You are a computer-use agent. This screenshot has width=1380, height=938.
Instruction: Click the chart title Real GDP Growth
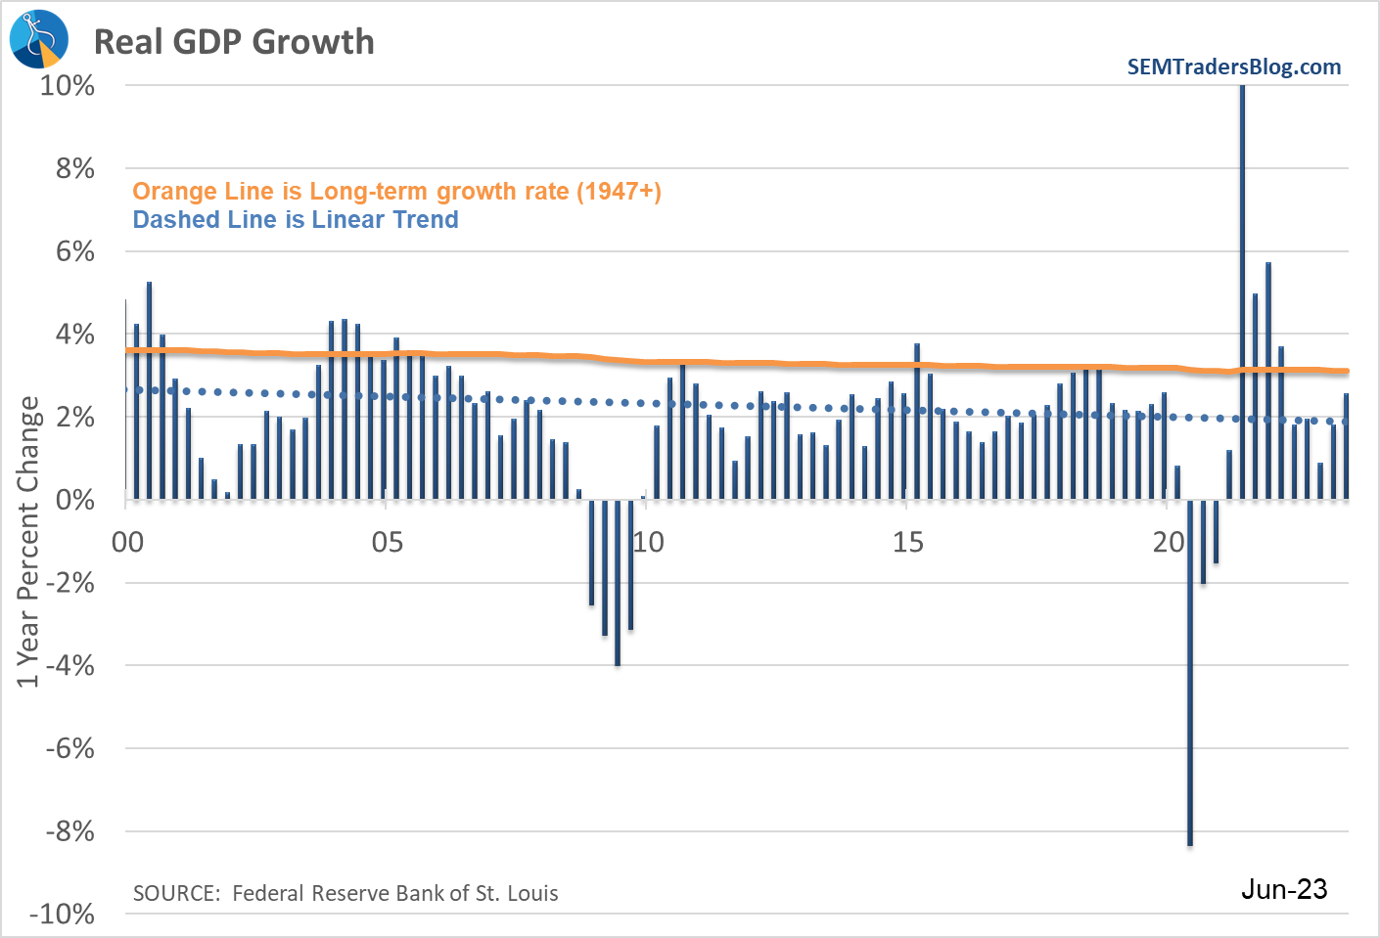click(x=234, y=42)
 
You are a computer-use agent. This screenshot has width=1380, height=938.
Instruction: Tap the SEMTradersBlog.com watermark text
click(x=1233, y=67)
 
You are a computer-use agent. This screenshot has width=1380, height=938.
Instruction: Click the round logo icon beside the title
click(x=39, y=39)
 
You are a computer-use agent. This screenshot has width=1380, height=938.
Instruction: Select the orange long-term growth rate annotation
click(x=396, y=192)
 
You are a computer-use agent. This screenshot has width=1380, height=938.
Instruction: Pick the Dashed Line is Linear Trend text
click(x=296, y=220)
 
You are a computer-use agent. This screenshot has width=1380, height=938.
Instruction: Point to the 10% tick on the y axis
click(x=68, y=86)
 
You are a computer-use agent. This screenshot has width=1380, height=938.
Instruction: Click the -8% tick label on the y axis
click(x=70, y=831)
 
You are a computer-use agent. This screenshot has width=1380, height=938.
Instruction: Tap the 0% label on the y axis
click(x=75, y=500)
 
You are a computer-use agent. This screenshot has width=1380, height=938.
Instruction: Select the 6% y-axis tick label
click(x=75, y=251)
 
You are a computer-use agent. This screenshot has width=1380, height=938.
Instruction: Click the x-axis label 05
click(x=388, y=542)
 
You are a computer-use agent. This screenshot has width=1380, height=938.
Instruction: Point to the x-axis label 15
click(x=908, y=542)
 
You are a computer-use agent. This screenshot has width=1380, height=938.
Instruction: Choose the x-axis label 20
click(x=1169, y=542)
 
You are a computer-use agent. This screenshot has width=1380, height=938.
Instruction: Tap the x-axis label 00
click(x=128, y=542)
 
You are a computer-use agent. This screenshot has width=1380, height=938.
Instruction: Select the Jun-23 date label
click(x=1284, y=889)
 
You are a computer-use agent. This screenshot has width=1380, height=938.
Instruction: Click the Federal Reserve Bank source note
click(x=345, y=893)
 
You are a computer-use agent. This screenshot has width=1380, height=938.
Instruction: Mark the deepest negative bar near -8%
click(x=1190, y=685)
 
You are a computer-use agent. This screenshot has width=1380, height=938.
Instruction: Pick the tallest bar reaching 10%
click(x=1242, y=293)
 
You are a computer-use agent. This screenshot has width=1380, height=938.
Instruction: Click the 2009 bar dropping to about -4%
click(x=618, y=587)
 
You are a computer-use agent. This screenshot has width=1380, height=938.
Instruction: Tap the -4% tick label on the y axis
click(x=70, y=666)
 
